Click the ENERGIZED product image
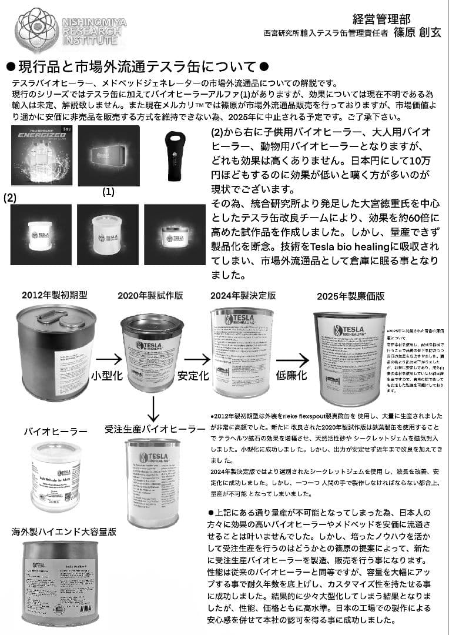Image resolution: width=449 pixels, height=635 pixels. tap(41, 155)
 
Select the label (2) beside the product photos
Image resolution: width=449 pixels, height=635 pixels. tap(10, 199)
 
